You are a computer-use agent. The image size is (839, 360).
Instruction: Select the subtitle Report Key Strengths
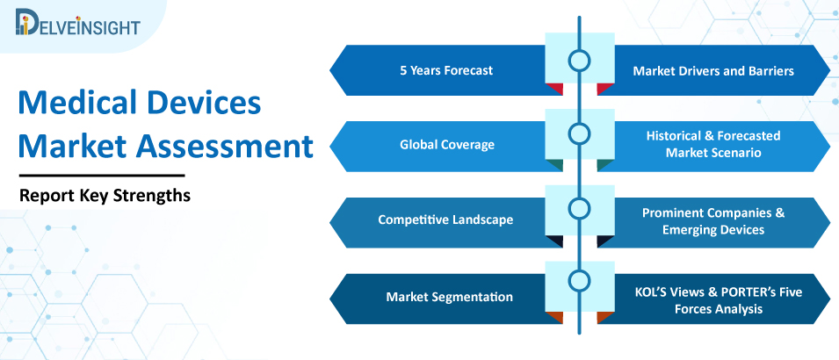tap(105, 196)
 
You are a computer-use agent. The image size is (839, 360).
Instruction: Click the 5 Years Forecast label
tap(446, 70)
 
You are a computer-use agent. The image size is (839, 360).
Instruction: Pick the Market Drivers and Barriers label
tap(713, 70)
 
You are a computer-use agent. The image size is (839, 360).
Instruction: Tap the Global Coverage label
tap(447, 145)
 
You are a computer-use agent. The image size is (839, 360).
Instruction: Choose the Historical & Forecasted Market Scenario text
tap(713, 144)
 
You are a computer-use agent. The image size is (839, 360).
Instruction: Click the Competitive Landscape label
tap(445, 220)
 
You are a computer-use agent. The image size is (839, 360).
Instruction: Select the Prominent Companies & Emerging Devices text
tap(713, 221)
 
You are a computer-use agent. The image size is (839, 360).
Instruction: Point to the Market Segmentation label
tap(450, 297)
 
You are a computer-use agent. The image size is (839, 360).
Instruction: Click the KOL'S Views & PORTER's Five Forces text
tap(718, 300)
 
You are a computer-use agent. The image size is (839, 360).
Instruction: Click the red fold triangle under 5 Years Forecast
tap(556, 88)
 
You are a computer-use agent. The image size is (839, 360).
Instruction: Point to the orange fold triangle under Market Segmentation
tap(556, 316)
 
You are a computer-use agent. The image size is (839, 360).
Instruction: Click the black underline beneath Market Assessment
tap(102, 175)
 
